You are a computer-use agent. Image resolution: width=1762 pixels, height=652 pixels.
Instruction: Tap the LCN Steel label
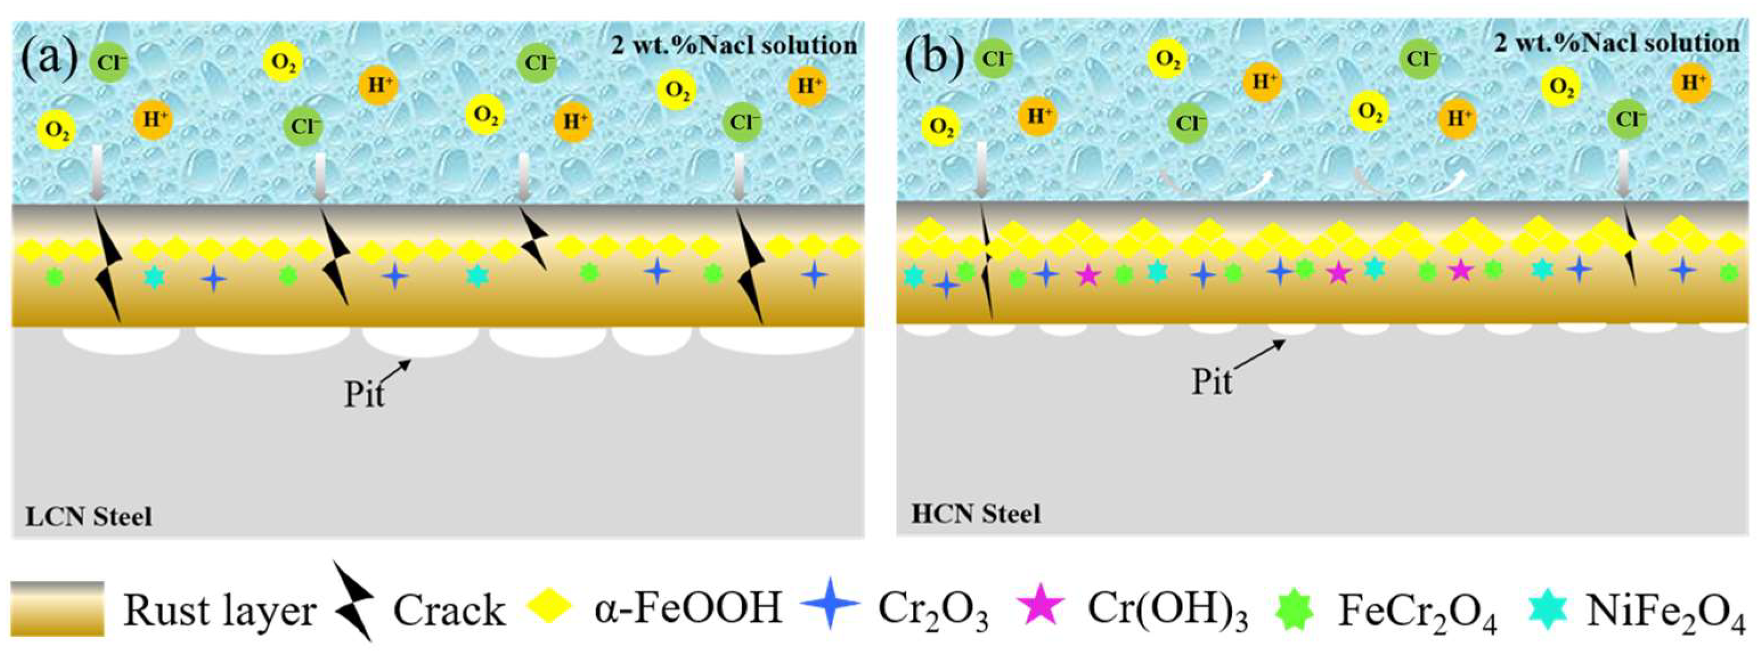point(89,516)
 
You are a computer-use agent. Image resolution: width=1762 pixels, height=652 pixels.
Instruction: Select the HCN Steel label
point(976,514)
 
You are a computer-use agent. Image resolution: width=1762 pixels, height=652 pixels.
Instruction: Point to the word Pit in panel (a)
point(364,395)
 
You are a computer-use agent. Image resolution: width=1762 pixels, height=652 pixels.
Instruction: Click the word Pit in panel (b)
point(1212,382)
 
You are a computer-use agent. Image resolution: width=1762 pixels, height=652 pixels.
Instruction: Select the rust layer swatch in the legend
point(58,608)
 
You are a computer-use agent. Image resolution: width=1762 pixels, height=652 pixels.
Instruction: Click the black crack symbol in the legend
point(354,601)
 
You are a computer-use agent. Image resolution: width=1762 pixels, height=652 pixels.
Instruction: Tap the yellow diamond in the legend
point(549,605)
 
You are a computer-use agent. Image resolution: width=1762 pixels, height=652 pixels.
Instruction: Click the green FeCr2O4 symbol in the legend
point(1294,608)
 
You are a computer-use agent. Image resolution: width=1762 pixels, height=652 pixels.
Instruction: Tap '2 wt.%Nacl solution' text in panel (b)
point(1616,43)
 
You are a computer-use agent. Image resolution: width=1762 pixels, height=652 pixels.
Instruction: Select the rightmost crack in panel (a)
point(751,267)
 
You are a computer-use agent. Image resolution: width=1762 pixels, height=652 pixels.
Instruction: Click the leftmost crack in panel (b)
point(986,267)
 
